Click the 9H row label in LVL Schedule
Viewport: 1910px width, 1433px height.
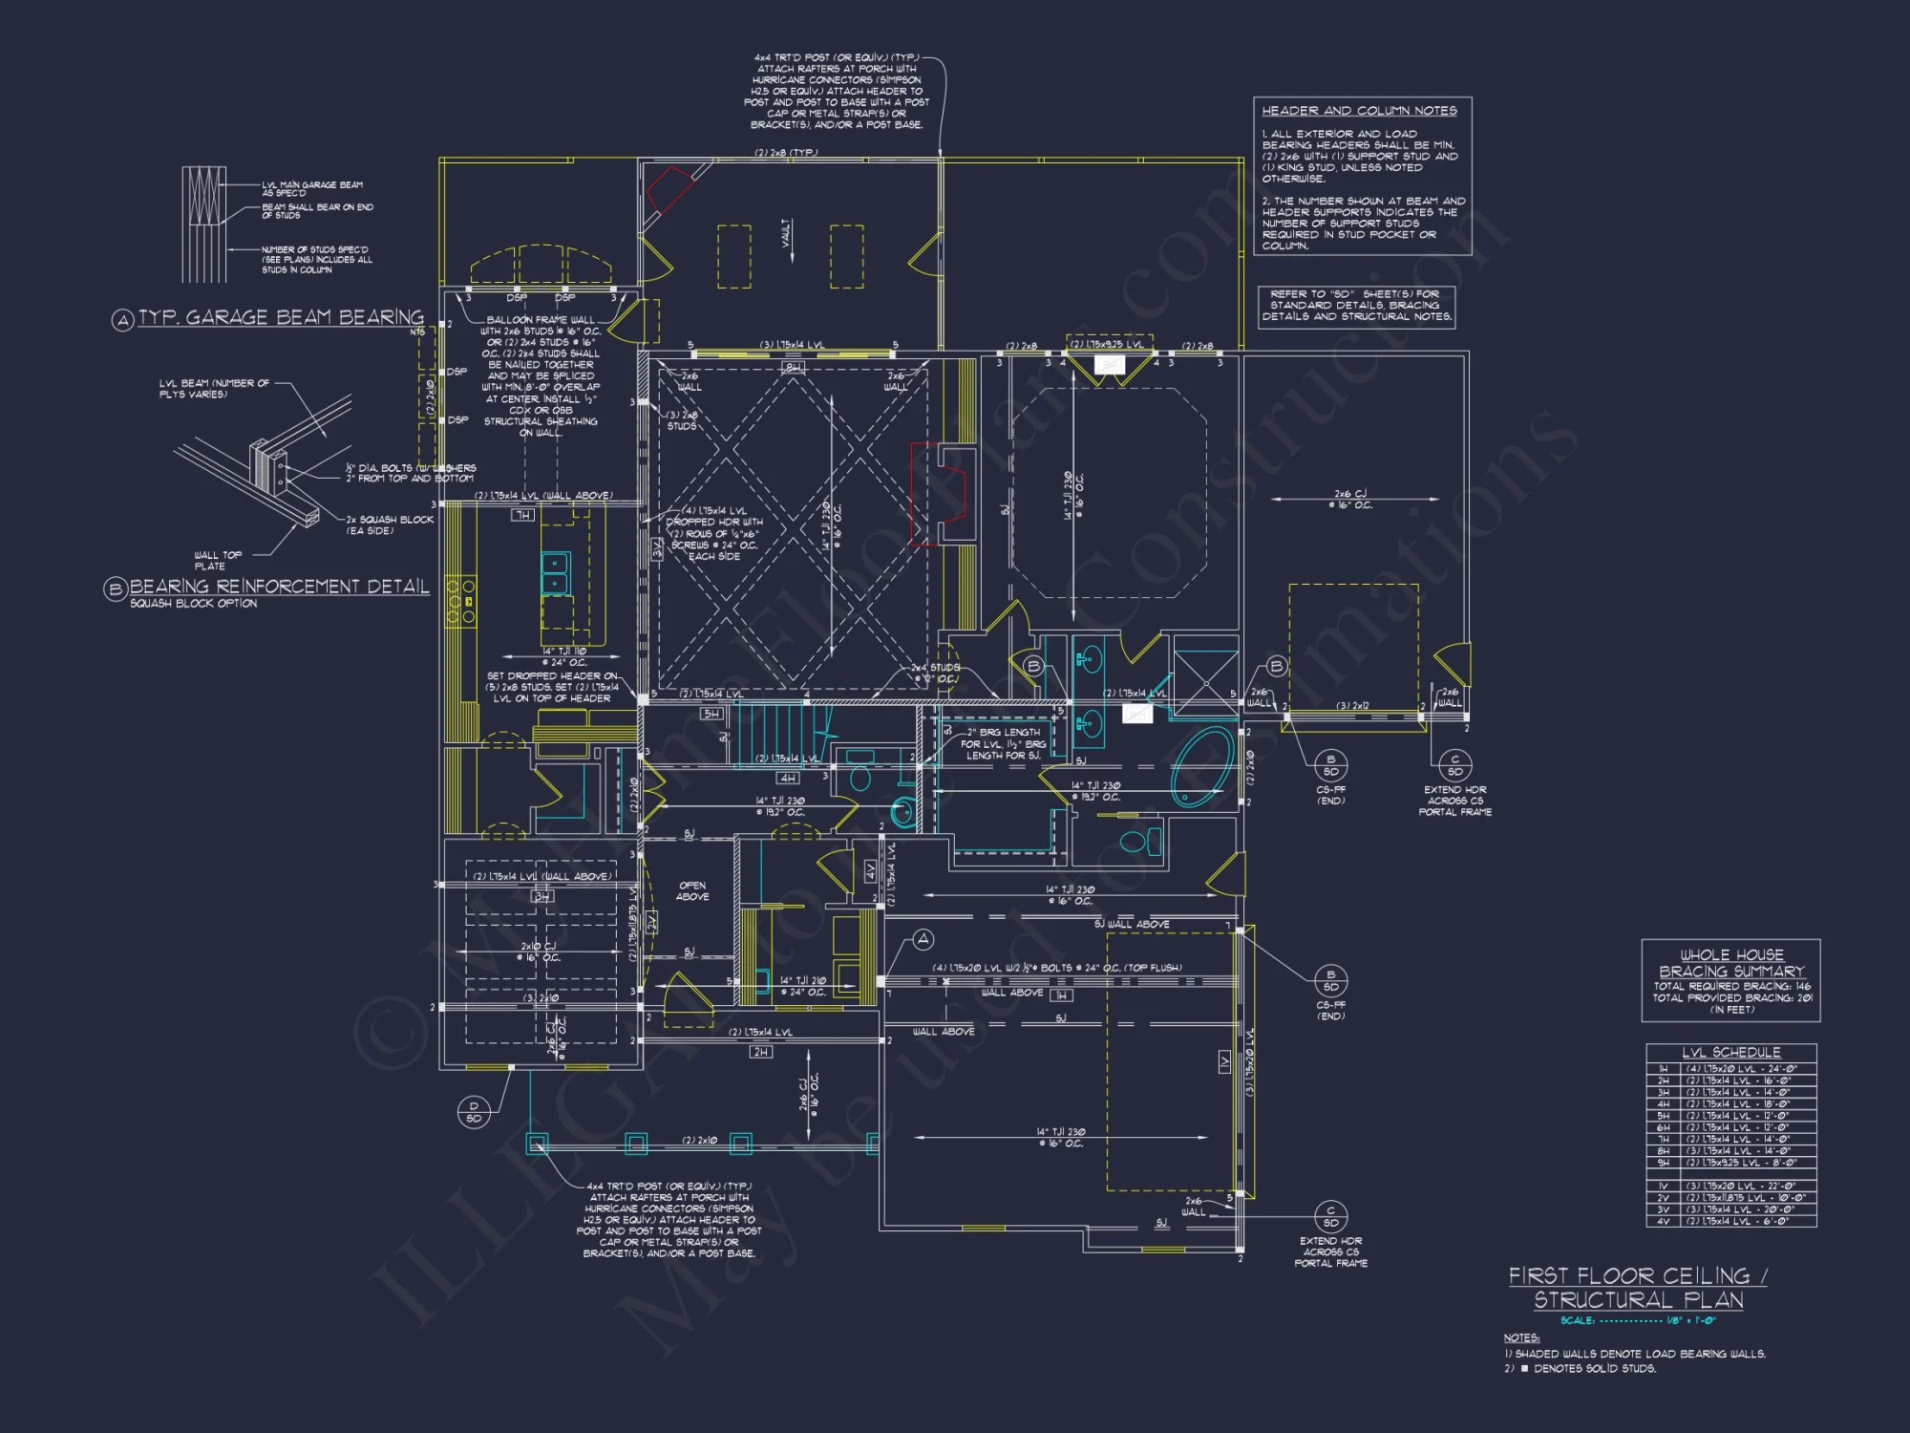click(x=1663, y=1163)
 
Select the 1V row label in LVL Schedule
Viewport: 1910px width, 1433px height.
click(x=1663, y=1187)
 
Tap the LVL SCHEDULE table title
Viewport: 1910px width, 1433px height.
click(x=1730, y=1052)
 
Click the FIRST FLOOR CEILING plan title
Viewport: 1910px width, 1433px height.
click(x=1637, y=1276)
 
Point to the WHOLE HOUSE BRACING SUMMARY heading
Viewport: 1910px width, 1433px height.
click(x=1730, y=963)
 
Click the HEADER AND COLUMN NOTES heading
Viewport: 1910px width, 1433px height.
click(x=1359, y=111)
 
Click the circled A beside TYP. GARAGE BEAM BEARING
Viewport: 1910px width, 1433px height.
click(x=122, y=321)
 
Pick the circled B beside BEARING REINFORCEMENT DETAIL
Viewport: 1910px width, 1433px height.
click(x=115, y=589)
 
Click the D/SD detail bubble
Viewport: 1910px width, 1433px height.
click(x=474, y=1112)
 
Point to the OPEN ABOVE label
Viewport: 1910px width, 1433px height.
click(x=691, y=890)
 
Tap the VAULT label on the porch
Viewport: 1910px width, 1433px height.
click(x=786, y=233)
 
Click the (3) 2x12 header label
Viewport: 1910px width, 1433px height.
click(x=1352, y=706)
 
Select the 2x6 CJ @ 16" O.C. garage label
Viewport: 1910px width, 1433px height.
click(x=1349, y=499)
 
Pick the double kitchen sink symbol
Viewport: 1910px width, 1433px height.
click(x=555, y=573)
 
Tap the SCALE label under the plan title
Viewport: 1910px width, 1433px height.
click(x=1577, y=1320)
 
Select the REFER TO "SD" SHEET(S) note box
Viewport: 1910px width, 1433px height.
click(x=1356, y=307)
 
